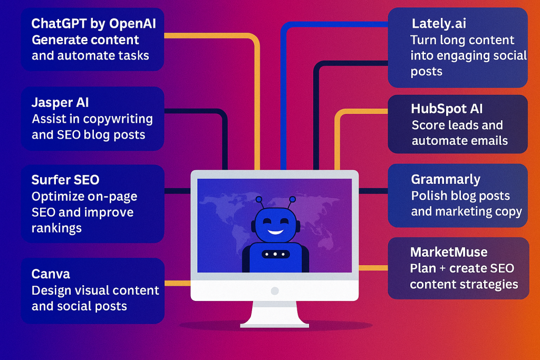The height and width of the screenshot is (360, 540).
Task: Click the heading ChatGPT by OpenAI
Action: coord(93,24)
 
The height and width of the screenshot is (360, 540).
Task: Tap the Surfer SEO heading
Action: coord(65,180)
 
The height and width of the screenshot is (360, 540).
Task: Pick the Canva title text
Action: coord(51,274)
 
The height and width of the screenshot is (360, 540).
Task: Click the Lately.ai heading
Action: coord(439,24)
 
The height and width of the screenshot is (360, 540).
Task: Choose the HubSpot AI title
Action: coord(447,109)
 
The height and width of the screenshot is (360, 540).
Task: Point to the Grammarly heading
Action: coord(446,179)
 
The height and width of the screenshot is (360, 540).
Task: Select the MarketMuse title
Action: coord(449,252)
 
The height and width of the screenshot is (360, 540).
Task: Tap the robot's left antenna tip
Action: coord(258,199)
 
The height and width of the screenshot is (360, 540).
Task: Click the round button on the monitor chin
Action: coord(274,290)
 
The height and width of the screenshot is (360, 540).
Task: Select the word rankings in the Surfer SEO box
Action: coord(56,228)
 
